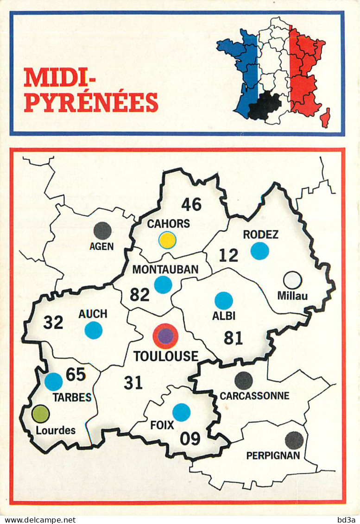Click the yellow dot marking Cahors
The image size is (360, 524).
[167, 240]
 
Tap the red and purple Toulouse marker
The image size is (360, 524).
[165, 336]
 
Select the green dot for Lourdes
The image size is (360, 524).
[41, 414]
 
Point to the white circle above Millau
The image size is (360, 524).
[292, 280]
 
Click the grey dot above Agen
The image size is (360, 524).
[102, 231]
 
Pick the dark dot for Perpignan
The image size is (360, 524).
[294, 440]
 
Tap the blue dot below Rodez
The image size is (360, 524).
[259, 251]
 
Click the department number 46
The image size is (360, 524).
[191, 204]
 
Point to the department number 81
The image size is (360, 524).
[233, 338]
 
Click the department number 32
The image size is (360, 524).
[53, 322]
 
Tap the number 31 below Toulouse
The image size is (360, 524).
[133, 383]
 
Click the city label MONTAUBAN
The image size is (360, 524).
[165, 269]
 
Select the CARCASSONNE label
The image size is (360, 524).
[254, 396]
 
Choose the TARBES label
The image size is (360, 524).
[72, 397]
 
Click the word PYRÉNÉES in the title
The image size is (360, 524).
[91, 102]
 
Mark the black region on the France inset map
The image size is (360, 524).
[265, 106]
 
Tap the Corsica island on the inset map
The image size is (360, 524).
[326, 118]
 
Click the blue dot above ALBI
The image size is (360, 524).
[223, 301]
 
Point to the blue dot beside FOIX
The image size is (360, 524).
[181, 412]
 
